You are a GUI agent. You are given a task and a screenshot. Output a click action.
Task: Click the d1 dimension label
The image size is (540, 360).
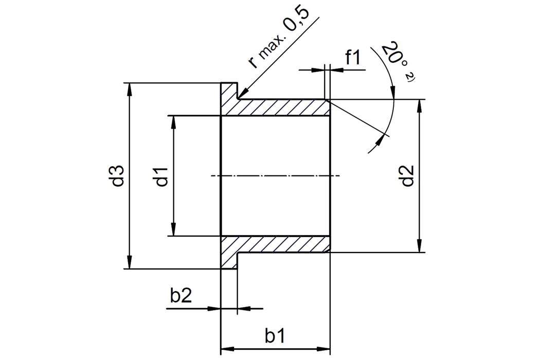(163, 176)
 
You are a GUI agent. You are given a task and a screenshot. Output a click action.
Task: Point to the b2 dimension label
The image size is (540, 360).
(181, 297)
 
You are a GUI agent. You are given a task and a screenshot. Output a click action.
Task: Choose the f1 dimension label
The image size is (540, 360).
(355, 58)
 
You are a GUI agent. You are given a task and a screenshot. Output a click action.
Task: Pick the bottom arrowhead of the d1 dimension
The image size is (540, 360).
(174, 231)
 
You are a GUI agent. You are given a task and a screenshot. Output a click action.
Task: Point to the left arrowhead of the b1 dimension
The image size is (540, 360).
(224, 348)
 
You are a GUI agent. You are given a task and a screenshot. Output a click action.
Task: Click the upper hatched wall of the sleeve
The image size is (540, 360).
(283, 107)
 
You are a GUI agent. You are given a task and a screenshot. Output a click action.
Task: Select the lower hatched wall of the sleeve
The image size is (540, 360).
(283, 244)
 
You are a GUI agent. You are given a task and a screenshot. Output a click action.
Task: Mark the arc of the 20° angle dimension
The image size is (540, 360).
(393, 111)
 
